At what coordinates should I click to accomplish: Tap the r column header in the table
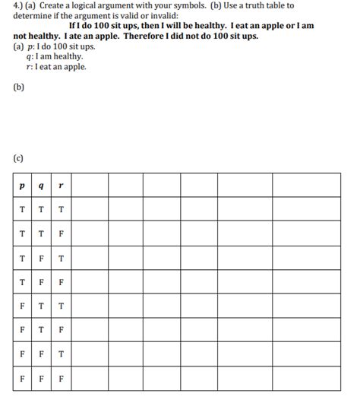(61, 185)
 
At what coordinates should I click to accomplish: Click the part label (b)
(19, 87)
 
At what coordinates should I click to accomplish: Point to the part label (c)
(19, 159)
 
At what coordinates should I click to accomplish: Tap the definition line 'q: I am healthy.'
(55, 56)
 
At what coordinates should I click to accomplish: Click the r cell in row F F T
(61, 354)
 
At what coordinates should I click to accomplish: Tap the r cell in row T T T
(61, 210)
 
